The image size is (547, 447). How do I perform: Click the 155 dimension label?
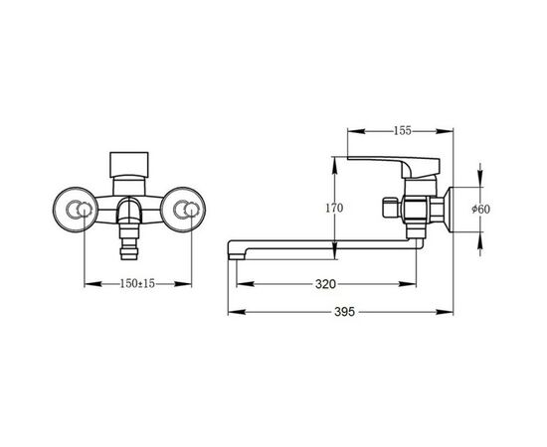click(403, 131)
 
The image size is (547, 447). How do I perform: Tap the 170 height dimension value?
click(334, 208)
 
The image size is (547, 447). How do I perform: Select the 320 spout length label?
click(325, 284)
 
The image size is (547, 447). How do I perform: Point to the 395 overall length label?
click(344, 312)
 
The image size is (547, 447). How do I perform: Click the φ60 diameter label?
click(480, 209)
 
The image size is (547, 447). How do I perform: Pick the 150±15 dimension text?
click(137, 284)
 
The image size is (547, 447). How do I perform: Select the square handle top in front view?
click(129, 165)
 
